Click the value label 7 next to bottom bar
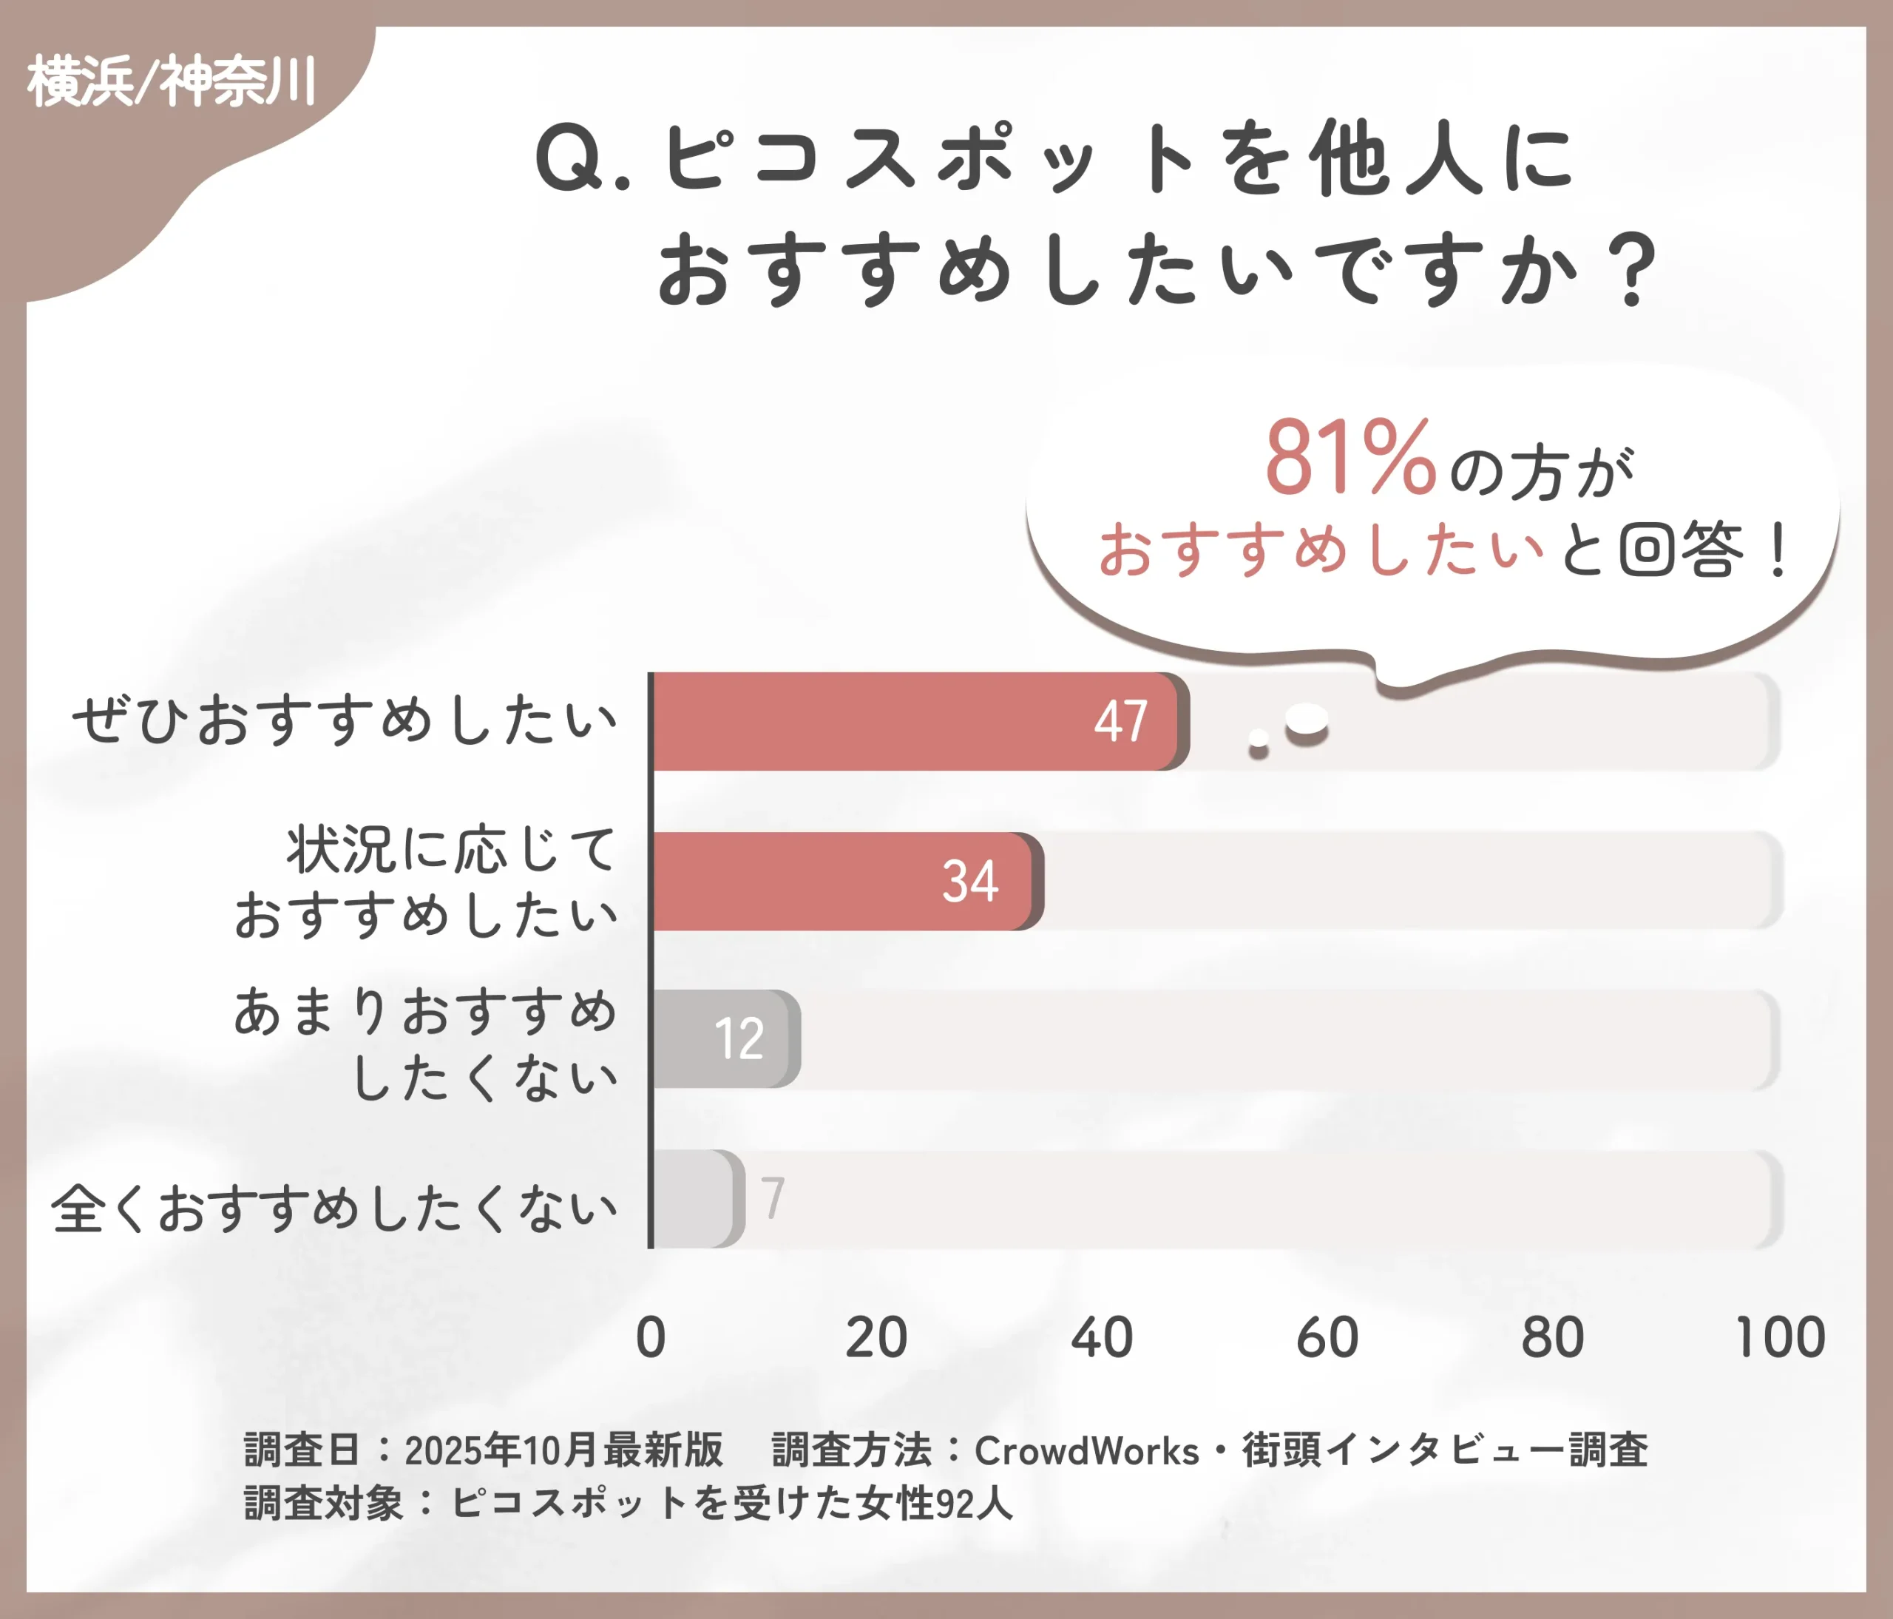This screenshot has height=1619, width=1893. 773,1198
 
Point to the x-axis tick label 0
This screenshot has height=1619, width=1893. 651,1338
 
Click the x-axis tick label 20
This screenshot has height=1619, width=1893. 876,1338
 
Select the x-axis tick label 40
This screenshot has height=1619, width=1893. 1102,1338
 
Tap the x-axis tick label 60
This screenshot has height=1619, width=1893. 1327,1338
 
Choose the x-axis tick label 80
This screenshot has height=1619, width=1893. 1552,1338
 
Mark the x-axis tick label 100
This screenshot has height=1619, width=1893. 1780,1338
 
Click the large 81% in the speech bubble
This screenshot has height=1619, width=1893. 1350,458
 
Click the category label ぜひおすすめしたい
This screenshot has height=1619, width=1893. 345,720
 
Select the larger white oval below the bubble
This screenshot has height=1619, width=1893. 1307,720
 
